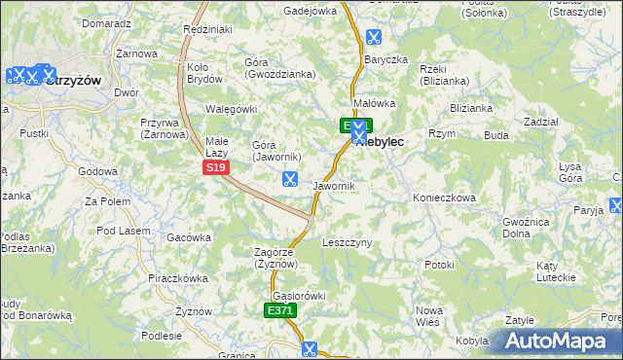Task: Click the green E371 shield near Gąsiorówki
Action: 280,310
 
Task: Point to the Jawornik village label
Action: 334,185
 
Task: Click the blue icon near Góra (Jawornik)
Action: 289,178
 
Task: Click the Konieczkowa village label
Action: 443,198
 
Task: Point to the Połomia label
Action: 613,318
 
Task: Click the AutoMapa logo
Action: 557,342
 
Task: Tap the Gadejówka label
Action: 310,11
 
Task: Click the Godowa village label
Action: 97,171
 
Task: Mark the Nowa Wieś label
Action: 429,315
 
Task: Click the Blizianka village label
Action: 472,109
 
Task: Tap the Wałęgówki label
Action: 231,109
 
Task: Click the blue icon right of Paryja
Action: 616,206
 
